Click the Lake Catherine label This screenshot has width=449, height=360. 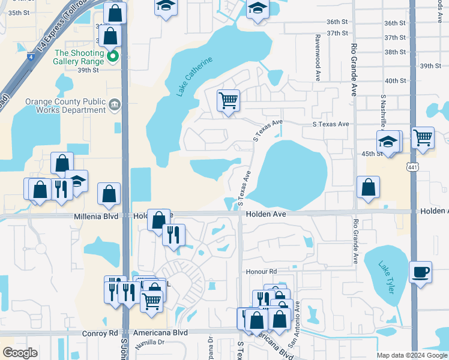[194, 77]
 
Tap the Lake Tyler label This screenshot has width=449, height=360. [387, 277]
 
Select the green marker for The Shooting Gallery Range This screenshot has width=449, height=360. [112, 58]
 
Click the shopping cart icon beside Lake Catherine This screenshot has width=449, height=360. [228, 100]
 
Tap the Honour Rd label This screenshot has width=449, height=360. [261, 272]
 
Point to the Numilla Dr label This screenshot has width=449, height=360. [149, 343]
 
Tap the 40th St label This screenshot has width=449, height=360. [396, 81]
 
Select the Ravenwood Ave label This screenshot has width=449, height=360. [316, 49]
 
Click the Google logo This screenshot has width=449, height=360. [20, 353]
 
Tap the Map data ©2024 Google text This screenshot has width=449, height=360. [411, 355]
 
